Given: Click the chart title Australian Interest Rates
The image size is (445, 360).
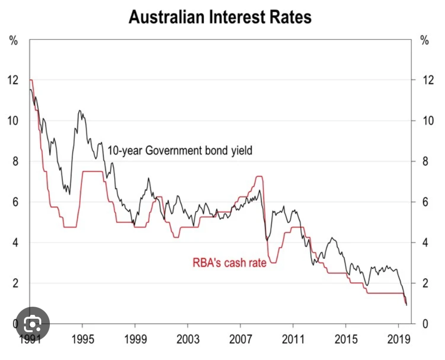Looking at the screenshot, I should (220, 17).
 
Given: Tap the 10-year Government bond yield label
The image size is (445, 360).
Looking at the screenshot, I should (180, 150).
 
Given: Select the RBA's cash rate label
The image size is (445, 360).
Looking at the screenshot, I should (229, 263).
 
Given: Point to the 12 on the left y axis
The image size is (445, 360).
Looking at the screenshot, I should (14, 80).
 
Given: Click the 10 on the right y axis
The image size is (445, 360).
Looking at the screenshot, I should (428, 120).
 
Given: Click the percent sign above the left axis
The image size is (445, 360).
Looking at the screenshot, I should (14, 41).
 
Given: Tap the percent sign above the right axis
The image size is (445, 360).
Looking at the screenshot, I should (424, 41).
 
